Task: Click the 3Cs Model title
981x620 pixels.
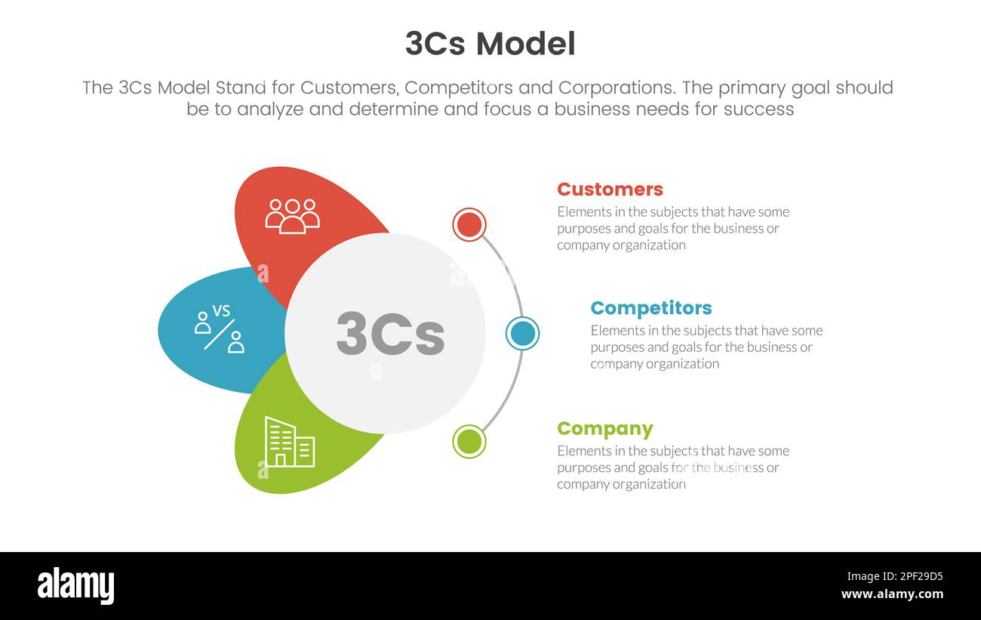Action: coord(490,44)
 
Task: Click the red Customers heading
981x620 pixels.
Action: coord(610,189)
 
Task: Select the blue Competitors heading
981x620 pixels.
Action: coord(650,308)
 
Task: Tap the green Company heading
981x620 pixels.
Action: coord(604,429)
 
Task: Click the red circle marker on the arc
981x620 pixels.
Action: coord(469,224)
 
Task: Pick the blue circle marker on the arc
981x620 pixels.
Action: coord(522,333)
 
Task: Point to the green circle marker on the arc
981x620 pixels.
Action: coord(469,442)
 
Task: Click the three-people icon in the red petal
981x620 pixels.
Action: coord(292,215)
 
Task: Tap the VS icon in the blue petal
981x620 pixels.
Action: coord(220,329)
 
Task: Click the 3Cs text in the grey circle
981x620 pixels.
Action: coord(390,333)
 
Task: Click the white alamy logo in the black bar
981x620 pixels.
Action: coord(75,586)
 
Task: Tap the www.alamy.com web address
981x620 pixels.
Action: coord(892,594)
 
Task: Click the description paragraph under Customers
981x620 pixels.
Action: coord(672,228)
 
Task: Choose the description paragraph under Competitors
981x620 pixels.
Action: coord(706,347)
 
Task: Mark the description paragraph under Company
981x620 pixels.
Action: coord(672,467)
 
